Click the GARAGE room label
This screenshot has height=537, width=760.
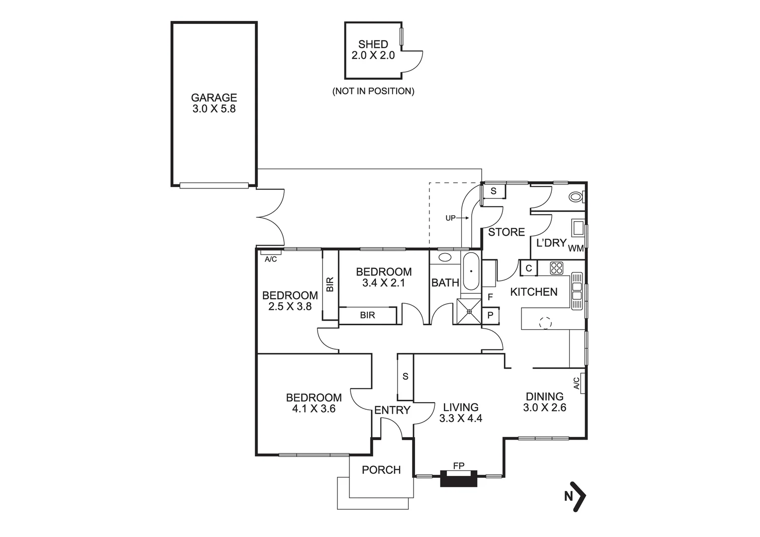[x=214, y=98]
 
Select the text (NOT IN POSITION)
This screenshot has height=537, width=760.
[x=373, y=91]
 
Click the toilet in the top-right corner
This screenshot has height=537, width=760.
[x=576, y=197]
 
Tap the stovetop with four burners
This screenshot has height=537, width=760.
[x=556, y=268]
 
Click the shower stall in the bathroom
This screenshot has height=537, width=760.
[x=468, y=312]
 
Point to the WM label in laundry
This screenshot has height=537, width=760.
[x=576, y=248]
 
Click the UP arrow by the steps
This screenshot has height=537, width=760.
[x=456, y=218]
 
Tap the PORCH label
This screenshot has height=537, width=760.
[x=381, y=470]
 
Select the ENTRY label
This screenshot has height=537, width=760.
[x=392, y=410]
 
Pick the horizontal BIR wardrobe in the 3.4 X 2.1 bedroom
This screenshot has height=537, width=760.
[x=367, y=315]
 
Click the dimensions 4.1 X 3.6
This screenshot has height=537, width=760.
[x=314, y=409]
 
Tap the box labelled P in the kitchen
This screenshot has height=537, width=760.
[x=490, y=315]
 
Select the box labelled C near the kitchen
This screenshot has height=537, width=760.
[x=528, y=268]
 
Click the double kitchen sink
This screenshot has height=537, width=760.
[x=577, y=291]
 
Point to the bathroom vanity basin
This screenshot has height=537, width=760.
[x=445, y=258]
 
